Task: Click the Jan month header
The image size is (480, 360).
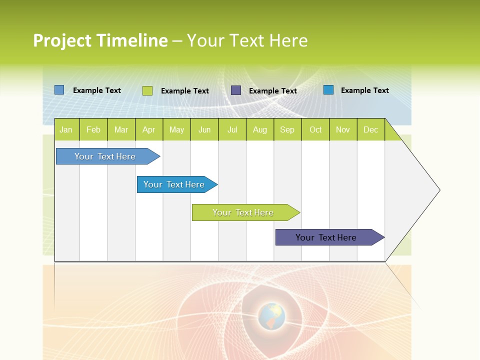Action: (66, 130)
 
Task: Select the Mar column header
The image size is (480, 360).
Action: (121, 130)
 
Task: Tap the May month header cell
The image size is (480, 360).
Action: (176, 130)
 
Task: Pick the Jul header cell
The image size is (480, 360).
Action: (232, 130)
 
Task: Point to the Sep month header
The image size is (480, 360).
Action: (287, 130)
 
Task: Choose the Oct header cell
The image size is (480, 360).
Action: (315, 130)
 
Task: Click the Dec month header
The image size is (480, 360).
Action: (370, 130)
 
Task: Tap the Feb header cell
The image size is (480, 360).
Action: (93, 130)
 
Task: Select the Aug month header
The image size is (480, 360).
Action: (259, 130)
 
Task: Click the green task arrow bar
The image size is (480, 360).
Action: (243, 212)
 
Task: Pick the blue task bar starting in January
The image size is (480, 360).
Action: (105, 156)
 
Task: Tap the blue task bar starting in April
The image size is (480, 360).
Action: (174, 184)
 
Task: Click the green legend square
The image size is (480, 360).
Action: (147, 90)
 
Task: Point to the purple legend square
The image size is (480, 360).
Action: (236, 90)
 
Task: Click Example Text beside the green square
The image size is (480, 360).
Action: (185, 91)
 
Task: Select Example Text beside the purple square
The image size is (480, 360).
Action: (273, 91)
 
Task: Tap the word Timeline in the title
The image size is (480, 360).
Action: (132, 40)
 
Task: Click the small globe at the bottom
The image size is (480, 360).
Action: (271, 316)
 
